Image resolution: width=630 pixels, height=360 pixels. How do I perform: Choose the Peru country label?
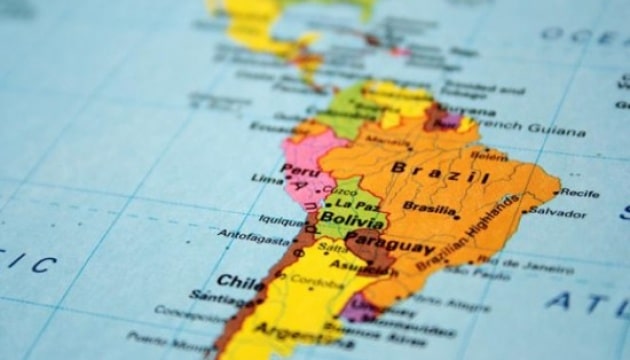point(296,169)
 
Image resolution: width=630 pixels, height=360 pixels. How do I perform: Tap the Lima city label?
point(267,178)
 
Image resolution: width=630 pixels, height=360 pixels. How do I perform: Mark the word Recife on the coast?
point(580,193)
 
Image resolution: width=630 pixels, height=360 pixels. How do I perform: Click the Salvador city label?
point(558,212)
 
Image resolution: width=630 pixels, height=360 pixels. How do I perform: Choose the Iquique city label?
point(281,220)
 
